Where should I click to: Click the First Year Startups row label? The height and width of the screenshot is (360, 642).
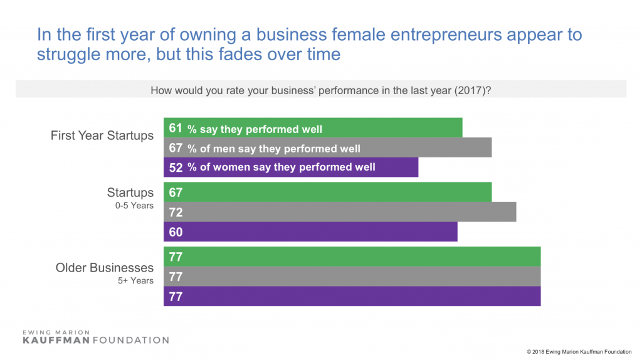point(102,136)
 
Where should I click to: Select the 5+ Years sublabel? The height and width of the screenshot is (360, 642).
point(136,280)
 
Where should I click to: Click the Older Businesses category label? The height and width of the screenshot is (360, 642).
point(105,268)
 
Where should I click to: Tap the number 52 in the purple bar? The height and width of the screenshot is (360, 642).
point(176,167)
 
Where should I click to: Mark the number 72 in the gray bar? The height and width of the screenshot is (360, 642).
point(176,212)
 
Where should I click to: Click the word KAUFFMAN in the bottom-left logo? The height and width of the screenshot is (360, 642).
point(56,340)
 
